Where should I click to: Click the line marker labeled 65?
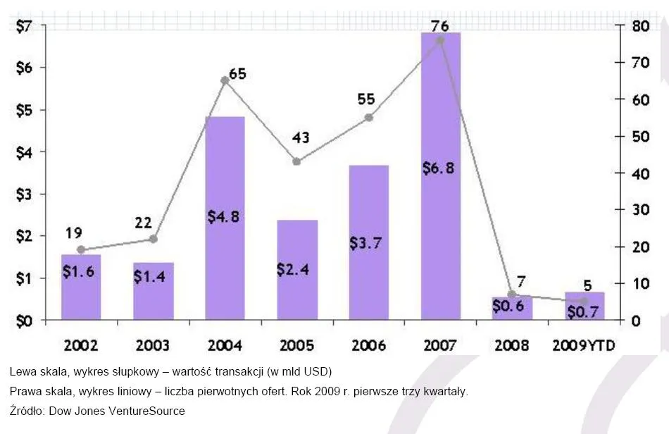coord(225,80)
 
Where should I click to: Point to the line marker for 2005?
coord(296,161)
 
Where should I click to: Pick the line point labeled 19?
coord(81,249)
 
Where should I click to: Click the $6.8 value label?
coord(440,169)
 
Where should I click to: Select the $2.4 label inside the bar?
coord(296,270)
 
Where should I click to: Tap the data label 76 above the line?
coord(440,26)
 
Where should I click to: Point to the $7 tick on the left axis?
coord(24,26)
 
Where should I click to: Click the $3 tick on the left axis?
coord(24,194)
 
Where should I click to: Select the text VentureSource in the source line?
coord(151,411)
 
